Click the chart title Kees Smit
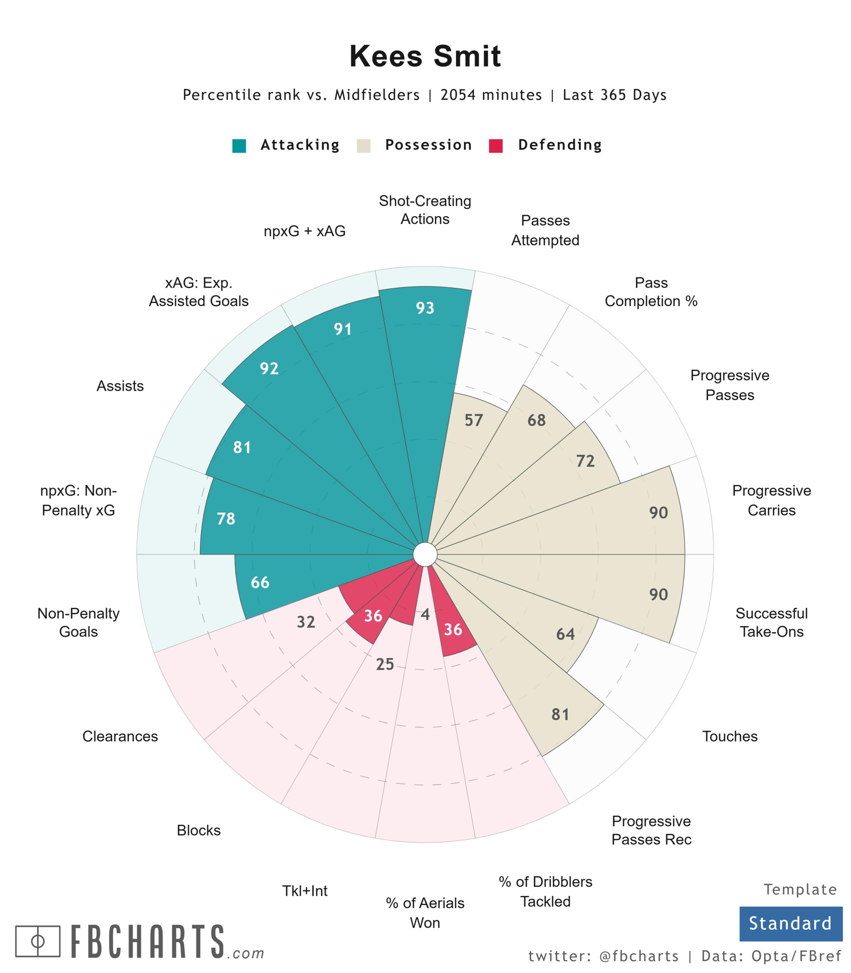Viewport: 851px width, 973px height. (425, 56)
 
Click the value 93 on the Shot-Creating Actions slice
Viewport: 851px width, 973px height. (425, 308)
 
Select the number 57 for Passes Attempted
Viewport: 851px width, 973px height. (473, 420)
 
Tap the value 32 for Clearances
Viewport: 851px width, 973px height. (306, 622)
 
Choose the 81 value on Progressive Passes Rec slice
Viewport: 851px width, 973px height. (560, 715)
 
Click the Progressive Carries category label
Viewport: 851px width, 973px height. (771, 500)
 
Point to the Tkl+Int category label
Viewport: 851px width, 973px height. (305, 891)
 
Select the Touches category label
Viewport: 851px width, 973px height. (729, 737)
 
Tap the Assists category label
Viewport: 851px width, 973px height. (120, 386)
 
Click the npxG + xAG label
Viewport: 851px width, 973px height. (304, 231)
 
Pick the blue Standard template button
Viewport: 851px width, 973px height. (790, 924)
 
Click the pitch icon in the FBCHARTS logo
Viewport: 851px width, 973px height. (38, 941)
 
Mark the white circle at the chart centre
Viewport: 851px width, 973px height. (425, 555)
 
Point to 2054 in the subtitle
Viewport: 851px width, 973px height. (460, 95)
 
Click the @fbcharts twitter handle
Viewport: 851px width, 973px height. (639, 956)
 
